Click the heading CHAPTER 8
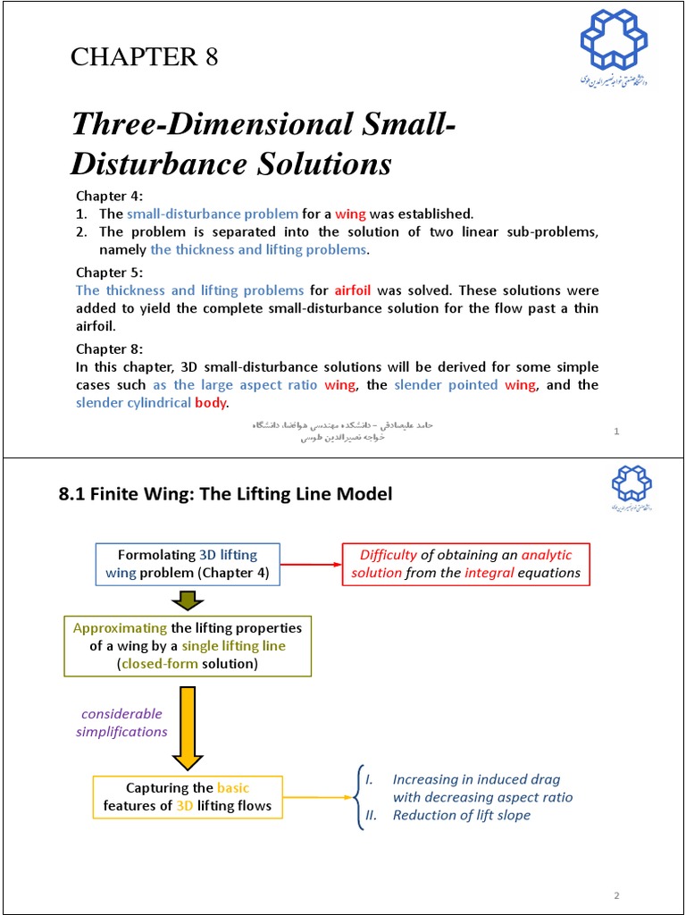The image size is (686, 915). [x=145, y=57]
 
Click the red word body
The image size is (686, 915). [x=212, y=402]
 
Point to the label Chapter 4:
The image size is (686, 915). [x=109, y=197]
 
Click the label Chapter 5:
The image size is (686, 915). [x=109, y=273]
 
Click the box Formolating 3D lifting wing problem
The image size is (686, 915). [x=188, y=564]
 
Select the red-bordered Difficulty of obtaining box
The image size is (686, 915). [x=465, y=564]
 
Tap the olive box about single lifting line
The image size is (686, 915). [x=188, y=645]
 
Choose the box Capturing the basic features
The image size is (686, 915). [x=188, y=797]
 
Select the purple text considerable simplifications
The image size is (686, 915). [x=122, y=722]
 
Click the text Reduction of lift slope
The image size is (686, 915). [x=461, y=815]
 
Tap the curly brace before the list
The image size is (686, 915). [x=358, y=797]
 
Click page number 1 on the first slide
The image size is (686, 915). [x=616, y=432]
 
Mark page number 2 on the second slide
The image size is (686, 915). [x=616, y=895]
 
